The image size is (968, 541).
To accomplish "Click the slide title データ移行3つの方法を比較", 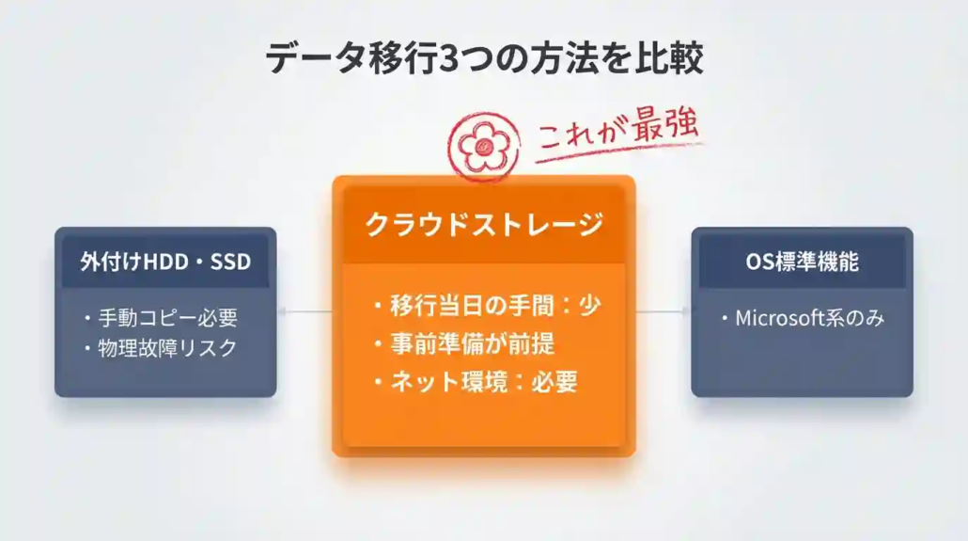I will (x=484, y=57).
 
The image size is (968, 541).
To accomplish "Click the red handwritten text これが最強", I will (x=619, y=136).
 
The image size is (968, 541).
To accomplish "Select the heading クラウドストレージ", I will (x=483, y=224).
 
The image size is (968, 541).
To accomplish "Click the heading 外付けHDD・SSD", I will (x=165, y=261).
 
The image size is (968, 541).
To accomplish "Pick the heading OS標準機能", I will (x=802, y=261).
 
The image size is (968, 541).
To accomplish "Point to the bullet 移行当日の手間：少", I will (x=487, y=306).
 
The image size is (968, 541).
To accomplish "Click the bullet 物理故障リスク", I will (x=160, y=347).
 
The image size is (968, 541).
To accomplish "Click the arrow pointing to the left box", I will (x=305, y=311).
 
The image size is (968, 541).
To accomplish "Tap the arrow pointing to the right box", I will (x=663, y=311).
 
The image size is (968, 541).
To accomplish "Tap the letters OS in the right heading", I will (x=758, y=261).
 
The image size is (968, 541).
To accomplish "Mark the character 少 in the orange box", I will (x=589, y=306).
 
